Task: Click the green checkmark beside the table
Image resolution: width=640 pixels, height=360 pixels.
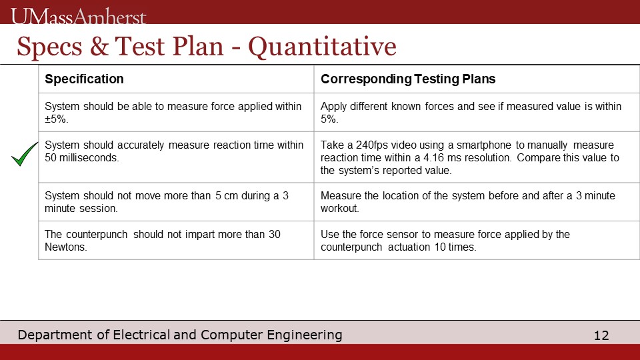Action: tap(25, 154)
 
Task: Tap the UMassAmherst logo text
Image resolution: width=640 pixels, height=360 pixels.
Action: tap(79, 16)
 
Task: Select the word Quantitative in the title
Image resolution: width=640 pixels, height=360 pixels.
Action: tap(322, 46)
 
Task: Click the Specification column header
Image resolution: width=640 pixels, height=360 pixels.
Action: tap(84, 79)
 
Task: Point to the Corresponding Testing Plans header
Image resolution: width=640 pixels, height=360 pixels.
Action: tap(408, 79)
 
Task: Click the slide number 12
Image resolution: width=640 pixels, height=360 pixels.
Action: tap(601, 335)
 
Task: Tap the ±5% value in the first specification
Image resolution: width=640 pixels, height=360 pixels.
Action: tap(56, 119)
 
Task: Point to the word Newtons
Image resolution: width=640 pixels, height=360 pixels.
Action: tap(66, 247)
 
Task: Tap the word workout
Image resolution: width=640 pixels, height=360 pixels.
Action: tap(339, 208)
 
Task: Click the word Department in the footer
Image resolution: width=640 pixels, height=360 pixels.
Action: tap(55, 335)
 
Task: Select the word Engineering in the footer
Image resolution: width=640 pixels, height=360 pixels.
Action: tap(305, 335)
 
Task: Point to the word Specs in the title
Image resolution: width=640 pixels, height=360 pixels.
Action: tap(49, 47)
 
